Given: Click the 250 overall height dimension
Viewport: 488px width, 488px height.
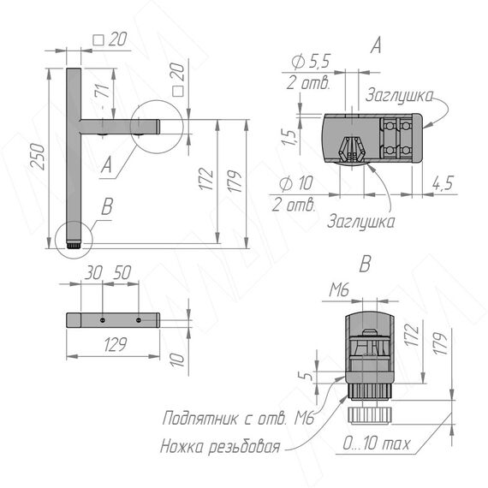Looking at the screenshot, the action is pos(38,157).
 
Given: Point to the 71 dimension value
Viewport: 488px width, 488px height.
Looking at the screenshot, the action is pos(104,91).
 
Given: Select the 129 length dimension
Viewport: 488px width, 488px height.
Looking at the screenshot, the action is pos(116,344).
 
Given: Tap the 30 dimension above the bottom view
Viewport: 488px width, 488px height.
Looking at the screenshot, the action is pos(93,272).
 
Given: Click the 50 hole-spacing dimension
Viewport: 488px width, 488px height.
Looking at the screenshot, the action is pos(122,272).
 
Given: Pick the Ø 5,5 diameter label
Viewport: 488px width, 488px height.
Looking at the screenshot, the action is pos(311,62).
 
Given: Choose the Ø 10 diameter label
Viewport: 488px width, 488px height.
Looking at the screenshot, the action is pos(296,183).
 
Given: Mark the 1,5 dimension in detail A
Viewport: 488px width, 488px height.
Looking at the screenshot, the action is pos(289,137).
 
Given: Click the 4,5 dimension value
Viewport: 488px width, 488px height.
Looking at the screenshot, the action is pos(443,183).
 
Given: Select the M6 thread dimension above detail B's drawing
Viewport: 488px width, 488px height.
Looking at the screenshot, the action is pos(339,290).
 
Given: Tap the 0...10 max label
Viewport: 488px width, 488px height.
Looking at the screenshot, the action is pos(376,443).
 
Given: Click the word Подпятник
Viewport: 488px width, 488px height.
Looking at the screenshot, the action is pos(199,418).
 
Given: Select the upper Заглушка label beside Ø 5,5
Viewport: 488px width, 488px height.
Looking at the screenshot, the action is pos(399,95).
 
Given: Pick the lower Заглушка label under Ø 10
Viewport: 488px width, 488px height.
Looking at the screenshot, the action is pos(361,221).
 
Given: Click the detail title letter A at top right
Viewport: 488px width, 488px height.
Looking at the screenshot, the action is pos(376,45).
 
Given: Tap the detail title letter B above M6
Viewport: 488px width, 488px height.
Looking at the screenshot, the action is pos(365,264).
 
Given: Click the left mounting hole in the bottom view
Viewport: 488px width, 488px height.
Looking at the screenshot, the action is pos(103,320).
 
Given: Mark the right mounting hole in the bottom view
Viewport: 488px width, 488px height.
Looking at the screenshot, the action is pos(139,320).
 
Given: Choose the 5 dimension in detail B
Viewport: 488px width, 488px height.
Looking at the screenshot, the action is pos(307,376).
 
